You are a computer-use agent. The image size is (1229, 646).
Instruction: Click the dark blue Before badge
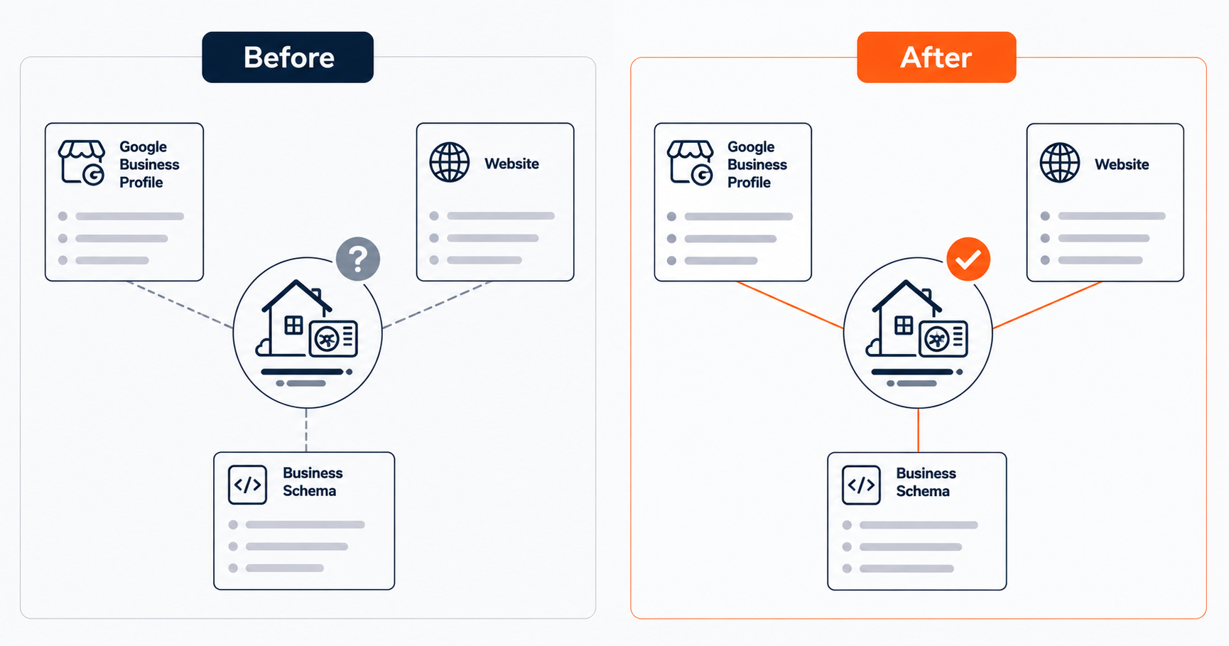pyautogui.click(x=288, y=57)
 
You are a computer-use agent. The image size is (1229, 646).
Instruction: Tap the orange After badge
pyautogui.click(x=936, y=57)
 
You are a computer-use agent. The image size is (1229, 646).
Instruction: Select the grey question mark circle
pyautogui.click(x=358, y=259)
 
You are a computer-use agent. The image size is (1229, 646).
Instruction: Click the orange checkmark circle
pyautogui.click(x=968, y=259)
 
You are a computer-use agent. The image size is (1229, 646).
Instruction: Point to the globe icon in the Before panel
pyautogui.click(x=450, y=163)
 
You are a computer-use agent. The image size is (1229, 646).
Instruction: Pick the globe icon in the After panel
pyautogui.click(x=1060, y=163)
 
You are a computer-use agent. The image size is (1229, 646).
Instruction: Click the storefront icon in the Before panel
pyautogui.click(x=82, y=163)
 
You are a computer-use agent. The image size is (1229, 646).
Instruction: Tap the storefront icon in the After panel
pyautogui.click(x=691, y=163)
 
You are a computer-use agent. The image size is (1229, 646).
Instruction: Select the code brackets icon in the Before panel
pyautogui.click(x=247, y=485)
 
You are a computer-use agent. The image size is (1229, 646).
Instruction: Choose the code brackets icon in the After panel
pyautogui.click(x=861, y=485)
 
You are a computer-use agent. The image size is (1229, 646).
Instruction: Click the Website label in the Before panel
pyautogui.click(x=511, y=163)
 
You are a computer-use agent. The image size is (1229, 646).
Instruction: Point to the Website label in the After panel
pyautogui.click(x=1122, y=164)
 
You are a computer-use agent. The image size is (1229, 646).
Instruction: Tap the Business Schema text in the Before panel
pyautogui.click(x=313, y=482)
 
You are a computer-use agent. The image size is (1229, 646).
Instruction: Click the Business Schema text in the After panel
pyautogui.click(x=926, y=483)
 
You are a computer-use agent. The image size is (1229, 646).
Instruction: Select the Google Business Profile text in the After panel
pyautogui.click(x=757, y=164)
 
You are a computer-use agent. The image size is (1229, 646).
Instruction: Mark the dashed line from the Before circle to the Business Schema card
pyautogui.click(x=306, y=430)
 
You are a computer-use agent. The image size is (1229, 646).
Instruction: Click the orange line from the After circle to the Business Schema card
pyautogui.click(x=918, y=430)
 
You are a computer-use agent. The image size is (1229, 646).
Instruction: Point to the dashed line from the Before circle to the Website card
pyautogui.click(x=436, y=305)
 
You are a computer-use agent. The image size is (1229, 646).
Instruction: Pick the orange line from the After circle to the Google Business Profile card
pyautogui.click(x=791, y=305)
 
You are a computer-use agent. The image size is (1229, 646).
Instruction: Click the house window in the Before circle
pyautogui.click(x=293, y=325)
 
